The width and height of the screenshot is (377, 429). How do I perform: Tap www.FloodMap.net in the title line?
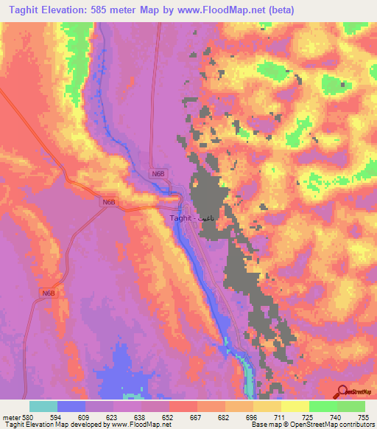point(239,10)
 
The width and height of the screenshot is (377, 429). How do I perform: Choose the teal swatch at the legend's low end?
point(43,406)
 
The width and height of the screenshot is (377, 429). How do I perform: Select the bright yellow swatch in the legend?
point(295,406)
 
